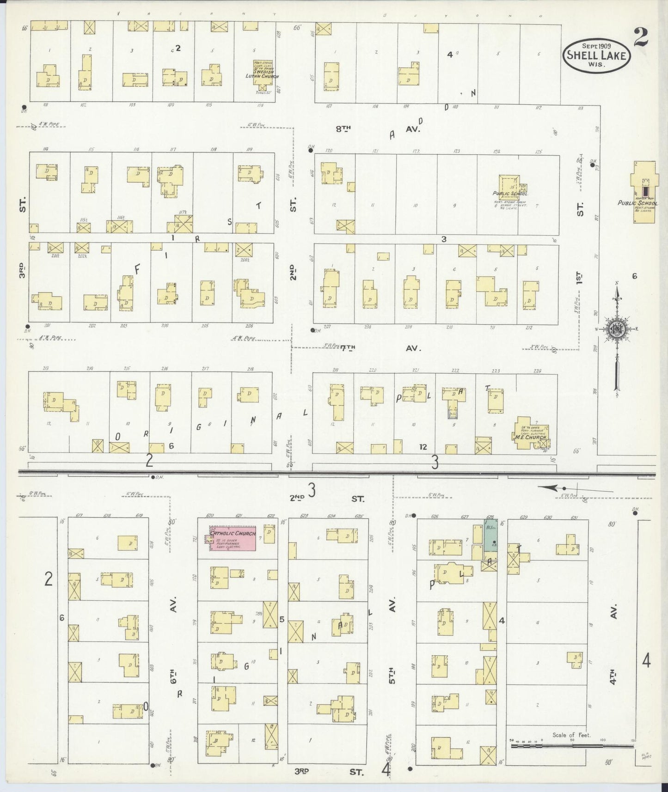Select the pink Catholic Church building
(233, 537)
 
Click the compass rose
(617, 329)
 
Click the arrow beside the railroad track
(552, 487)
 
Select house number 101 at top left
(45, 105)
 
